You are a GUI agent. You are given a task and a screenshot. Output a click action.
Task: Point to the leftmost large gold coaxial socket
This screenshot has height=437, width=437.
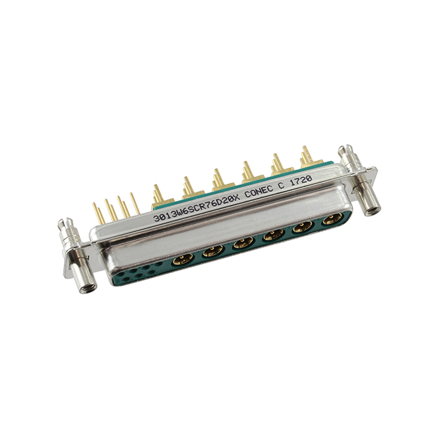click(x=184, y=259)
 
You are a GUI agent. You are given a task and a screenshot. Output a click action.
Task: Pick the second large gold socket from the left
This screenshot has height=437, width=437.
click(x=212, y=251)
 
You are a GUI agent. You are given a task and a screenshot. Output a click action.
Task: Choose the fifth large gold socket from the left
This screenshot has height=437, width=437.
click(x=302, y=227)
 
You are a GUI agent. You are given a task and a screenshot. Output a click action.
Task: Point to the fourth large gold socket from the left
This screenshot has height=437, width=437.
click(x=273, y=235)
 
